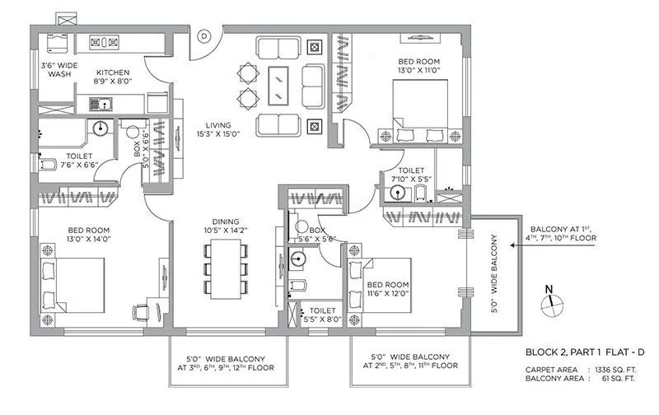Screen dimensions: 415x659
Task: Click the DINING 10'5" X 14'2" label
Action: (223, 226)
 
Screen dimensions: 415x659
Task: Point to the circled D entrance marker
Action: (203, 35)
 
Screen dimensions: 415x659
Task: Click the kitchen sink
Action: (107, 104)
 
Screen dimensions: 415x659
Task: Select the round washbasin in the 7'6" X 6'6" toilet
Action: (99, 128)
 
